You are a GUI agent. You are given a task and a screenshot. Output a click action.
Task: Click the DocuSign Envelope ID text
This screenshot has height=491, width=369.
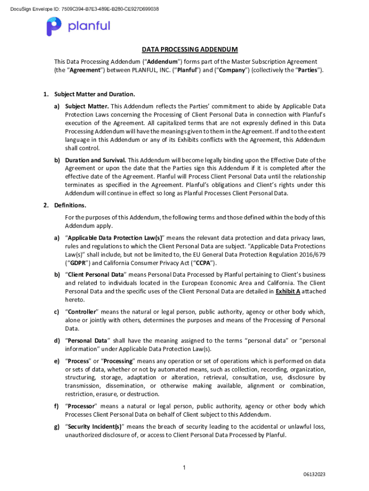pos(81,9)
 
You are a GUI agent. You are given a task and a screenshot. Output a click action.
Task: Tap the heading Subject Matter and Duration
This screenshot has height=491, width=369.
pos(94,94)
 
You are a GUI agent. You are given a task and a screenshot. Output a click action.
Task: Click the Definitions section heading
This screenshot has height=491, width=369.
pos(70,206)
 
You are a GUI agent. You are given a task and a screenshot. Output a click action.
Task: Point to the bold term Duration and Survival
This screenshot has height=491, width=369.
pos(95,160)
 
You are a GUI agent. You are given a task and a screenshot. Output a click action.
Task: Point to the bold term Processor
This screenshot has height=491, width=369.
pos(82,407)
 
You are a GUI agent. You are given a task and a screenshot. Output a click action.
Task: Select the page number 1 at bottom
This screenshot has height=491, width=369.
pos(184,468)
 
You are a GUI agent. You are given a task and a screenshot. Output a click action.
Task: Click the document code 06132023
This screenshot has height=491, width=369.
pos(314,475)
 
